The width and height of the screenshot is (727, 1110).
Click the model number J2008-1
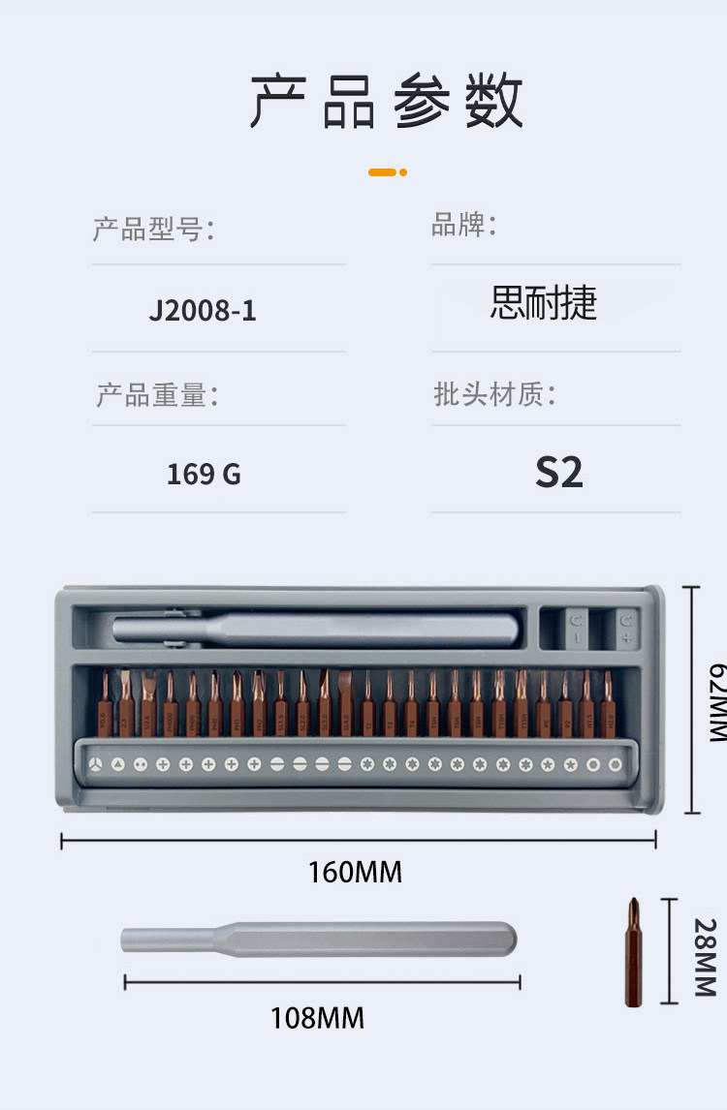tap(203, 311)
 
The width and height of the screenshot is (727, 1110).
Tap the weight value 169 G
tap(204, 475)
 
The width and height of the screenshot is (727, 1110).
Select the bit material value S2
tap(559, 472)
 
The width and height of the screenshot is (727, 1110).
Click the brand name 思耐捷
tap(544, 303)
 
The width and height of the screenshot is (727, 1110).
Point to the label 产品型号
tap(152, 230)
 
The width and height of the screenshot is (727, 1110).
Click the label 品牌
tap(463, 226)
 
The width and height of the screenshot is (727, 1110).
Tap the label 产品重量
tap(156, 395)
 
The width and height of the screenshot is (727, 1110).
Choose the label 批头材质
tap(494, 394)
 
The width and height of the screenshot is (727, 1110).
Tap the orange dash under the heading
tap(387, 172)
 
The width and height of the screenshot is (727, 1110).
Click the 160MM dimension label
tap(355, 872)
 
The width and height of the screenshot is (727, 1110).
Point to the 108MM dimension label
tap(317, 1018)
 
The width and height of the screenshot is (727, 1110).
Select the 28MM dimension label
tap(704, 957)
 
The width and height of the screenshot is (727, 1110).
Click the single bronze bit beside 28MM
tap(633, 953)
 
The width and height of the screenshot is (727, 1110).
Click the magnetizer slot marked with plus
tap(627, 628)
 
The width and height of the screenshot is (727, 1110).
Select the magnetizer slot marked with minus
tap(578, 628)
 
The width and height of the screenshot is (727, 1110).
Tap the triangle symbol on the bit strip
tap(117, 764)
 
